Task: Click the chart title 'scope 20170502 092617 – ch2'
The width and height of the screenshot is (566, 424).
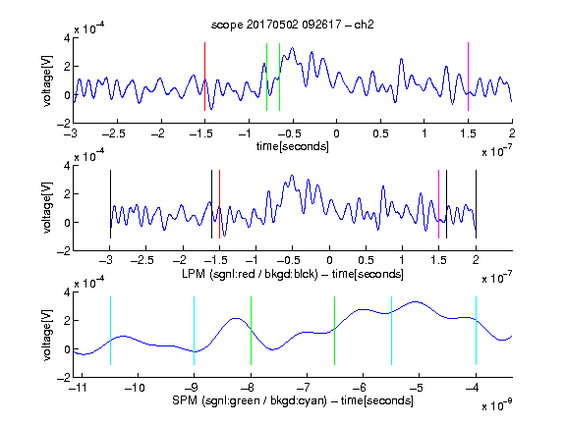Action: [x=293, y=25]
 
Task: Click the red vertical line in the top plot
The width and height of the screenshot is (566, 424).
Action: [x=204, y=77]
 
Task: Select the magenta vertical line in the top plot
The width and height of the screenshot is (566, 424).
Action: [x=468, y=77]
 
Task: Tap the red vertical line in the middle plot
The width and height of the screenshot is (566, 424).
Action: [x=219, y=204]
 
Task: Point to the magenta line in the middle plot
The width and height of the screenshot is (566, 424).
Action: [x=438, y=204]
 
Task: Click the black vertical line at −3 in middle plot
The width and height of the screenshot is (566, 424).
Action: [x=110, y=204]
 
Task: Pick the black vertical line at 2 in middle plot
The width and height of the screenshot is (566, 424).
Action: [x=476, y=204]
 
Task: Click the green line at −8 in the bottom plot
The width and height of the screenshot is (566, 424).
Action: [x=251, y=331]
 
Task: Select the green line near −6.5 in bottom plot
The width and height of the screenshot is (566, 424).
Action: [x=335, y=331]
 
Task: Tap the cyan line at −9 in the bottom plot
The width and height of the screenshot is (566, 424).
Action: [x=195, y=331]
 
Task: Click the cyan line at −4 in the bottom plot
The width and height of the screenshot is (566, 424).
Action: [x=476, y=331]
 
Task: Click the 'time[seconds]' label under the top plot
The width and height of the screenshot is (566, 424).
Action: [x=293, y=146]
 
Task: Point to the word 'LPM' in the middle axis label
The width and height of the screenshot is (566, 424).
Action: [x=194, y=274]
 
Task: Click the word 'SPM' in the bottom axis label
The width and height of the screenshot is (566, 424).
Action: [x=185, y=400]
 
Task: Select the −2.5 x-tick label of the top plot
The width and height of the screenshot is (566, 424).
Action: [x=114, y=133]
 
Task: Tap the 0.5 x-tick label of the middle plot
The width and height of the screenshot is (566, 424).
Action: [x=366, y=260]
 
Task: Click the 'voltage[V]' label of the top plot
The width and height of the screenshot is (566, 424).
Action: [x=47, y=81]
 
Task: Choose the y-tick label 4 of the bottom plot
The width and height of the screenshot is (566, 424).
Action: [x=67, y=292]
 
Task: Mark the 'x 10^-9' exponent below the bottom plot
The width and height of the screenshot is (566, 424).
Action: [x=497, y=405]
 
